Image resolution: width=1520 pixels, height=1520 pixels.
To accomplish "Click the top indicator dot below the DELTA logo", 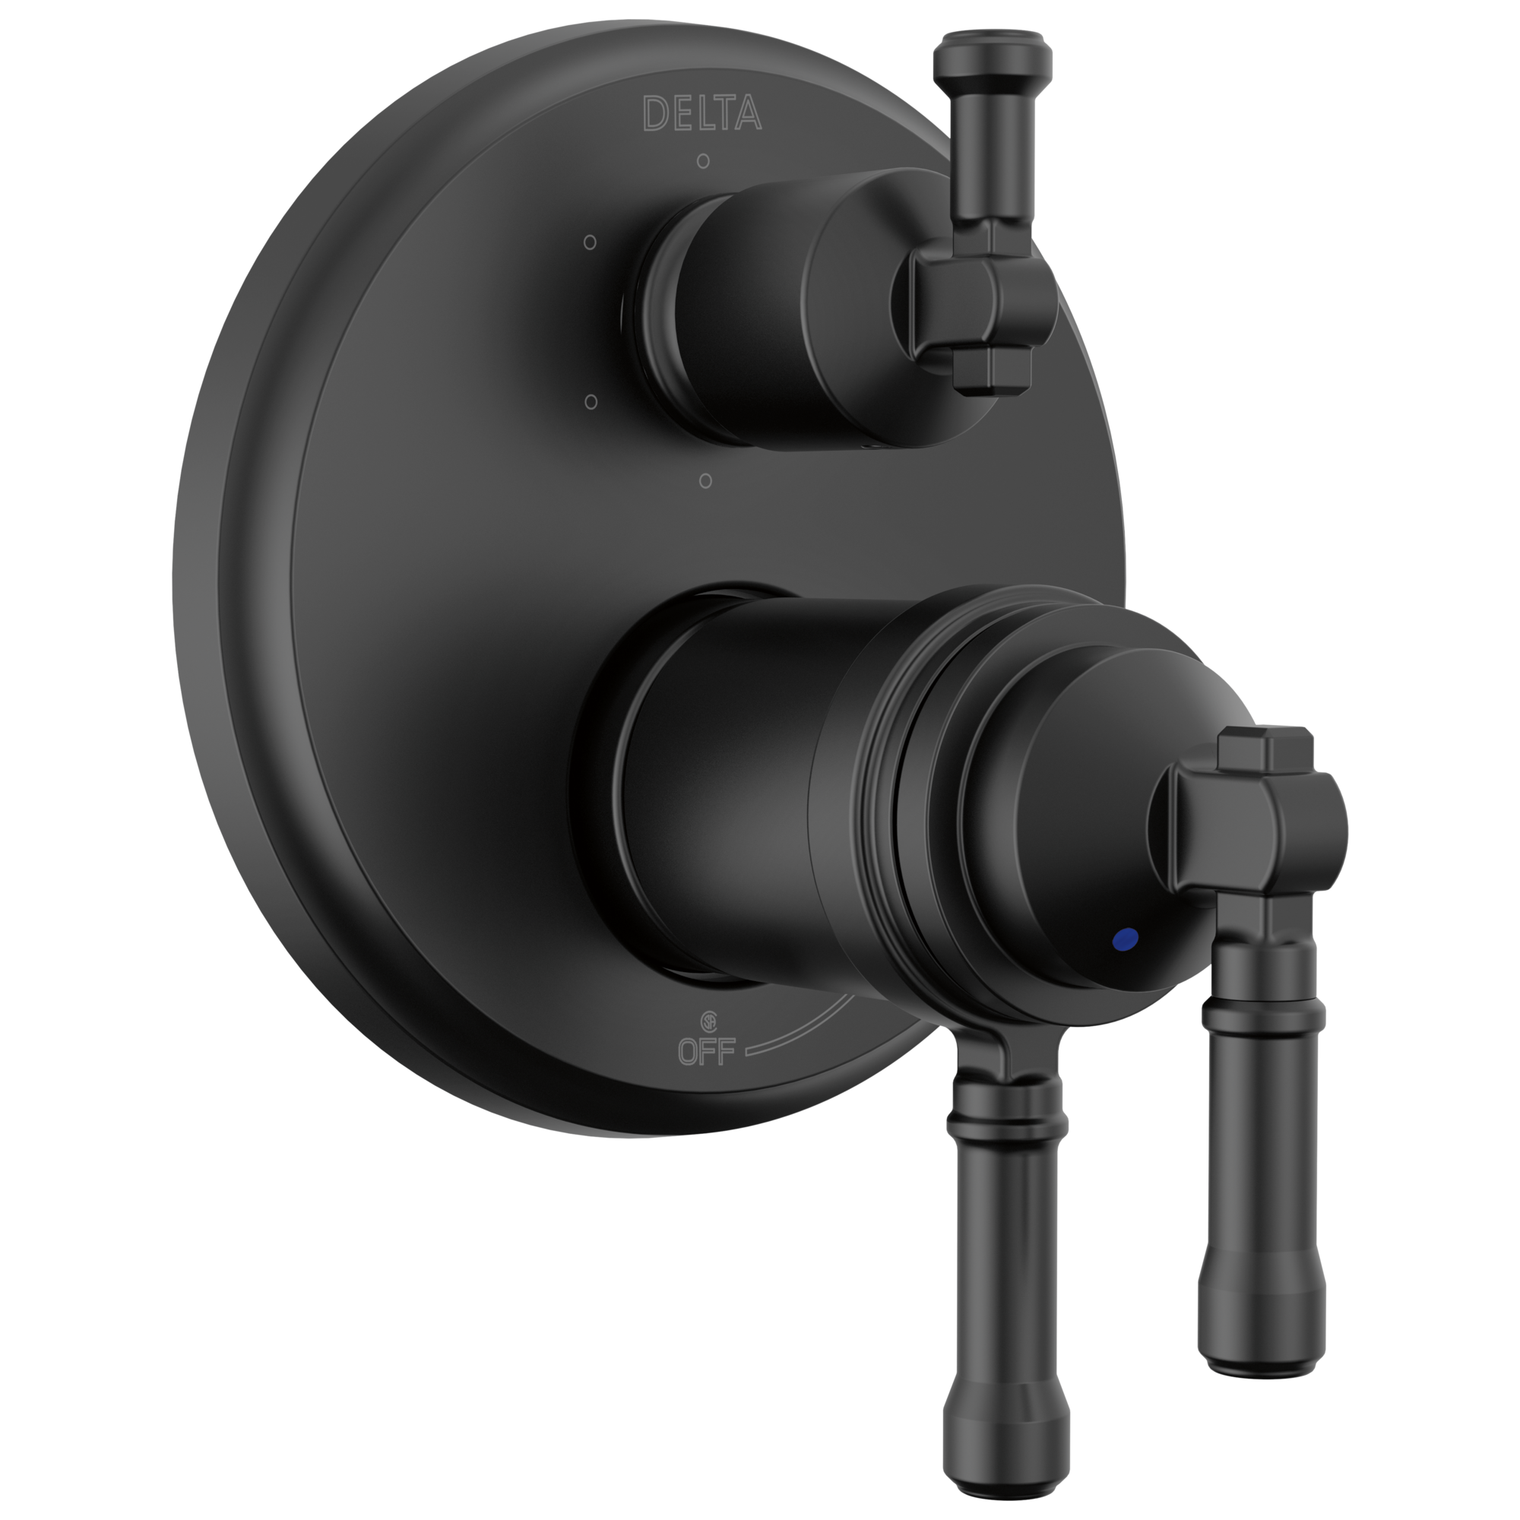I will pyautogui.click(x=703, y=161).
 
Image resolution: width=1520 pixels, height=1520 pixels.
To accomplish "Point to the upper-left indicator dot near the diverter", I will pyautogui.click(x=591, y=242).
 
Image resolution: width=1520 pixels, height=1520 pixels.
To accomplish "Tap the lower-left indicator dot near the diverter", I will pyautogui.click(x=591, y=402).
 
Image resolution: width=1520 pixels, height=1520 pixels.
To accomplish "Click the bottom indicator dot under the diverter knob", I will pyautogui.click(x=706, y=480).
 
